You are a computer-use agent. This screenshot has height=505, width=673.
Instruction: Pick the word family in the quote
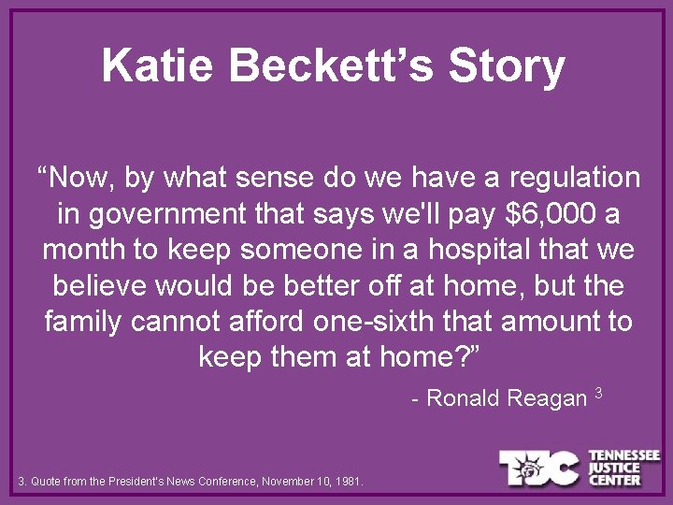coord(83,321)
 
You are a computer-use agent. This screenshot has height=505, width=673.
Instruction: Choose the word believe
coord(91,285)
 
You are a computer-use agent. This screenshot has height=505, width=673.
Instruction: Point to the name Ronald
coord(464,398)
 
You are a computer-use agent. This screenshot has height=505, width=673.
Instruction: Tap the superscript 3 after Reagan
coord(598,392)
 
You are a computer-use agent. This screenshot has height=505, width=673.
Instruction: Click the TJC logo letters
coord(540,468)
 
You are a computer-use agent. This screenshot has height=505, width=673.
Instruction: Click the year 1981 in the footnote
coord(350,483)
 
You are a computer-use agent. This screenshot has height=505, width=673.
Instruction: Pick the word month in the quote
coord(86,250)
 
